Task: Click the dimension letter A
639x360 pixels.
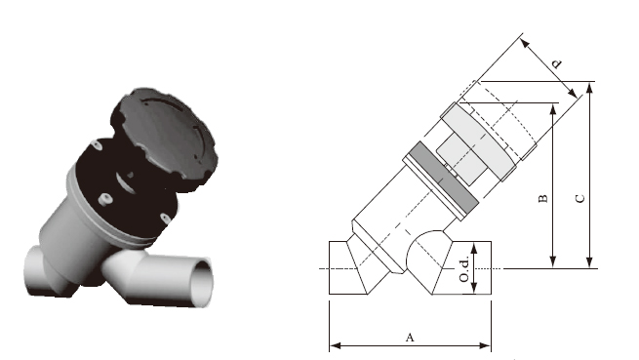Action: (x=410, y=338)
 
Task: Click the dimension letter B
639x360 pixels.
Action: (x=543, y=199)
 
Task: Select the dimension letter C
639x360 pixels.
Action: (x=579, y=199)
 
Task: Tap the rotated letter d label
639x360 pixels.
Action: (x=556, y=64)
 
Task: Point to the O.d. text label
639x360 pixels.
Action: (x=464, y=268)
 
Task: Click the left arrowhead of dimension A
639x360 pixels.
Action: (x=335, y=345)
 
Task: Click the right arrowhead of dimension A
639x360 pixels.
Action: (x=486, y=345)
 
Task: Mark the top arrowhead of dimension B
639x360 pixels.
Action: (x=552, y=109)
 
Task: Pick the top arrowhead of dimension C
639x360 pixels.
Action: (x=589, y=87)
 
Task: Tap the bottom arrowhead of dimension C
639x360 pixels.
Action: (x=589, y=262)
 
